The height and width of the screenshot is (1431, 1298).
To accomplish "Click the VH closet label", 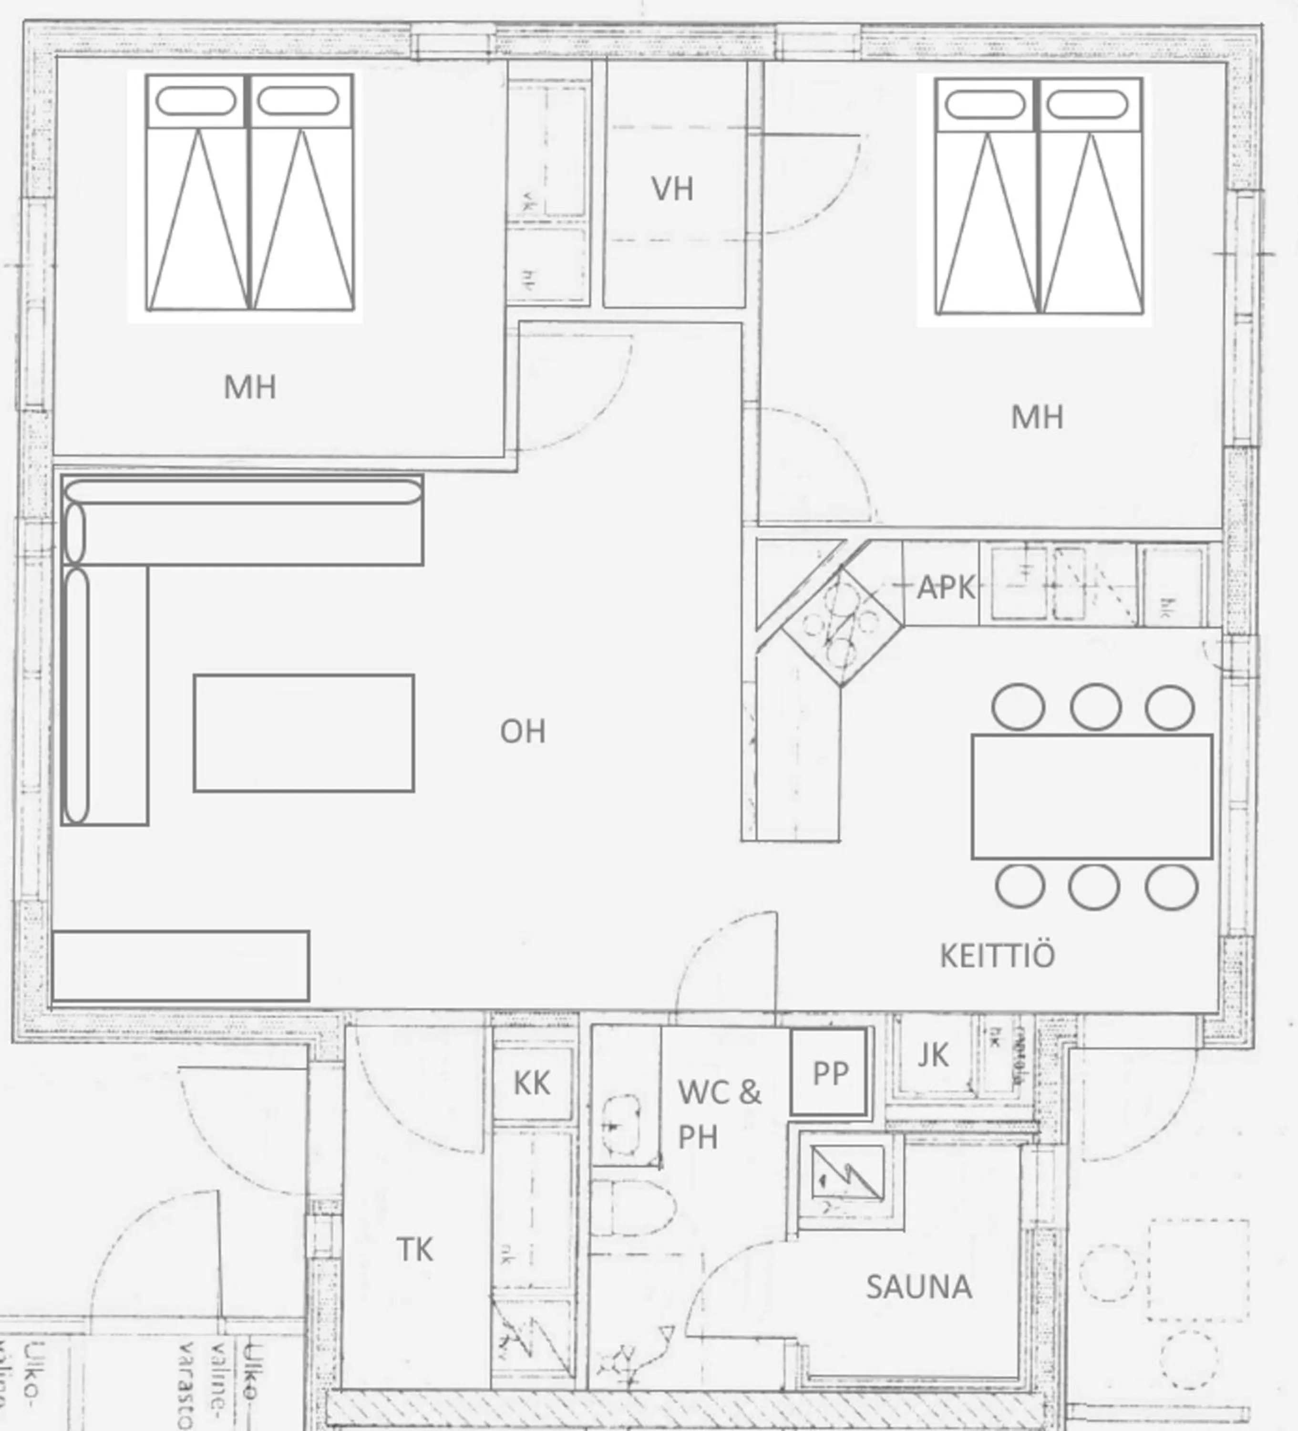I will pos(672,189).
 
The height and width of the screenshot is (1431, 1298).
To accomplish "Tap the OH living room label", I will pos(523,732).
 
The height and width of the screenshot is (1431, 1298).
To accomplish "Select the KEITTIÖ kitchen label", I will pos(997,956).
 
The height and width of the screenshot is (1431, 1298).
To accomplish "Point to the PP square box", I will pos(829,1073).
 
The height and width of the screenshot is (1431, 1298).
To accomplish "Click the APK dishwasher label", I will pos(946,588).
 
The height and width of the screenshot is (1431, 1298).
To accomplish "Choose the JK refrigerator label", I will pos(933,1056).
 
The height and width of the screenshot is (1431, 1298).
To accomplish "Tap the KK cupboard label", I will pos(532,1084).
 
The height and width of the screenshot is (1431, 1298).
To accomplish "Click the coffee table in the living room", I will pos(304,733).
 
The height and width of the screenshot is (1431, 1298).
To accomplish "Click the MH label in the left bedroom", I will pos(250,387).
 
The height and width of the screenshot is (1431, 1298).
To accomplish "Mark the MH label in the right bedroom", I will pos(1037,417).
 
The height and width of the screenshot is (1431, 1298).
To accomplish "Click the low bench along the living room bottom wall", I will pos(181,966).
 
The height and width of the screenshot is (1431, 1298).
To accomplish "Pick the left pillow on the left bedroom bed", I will pos(196,101).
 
